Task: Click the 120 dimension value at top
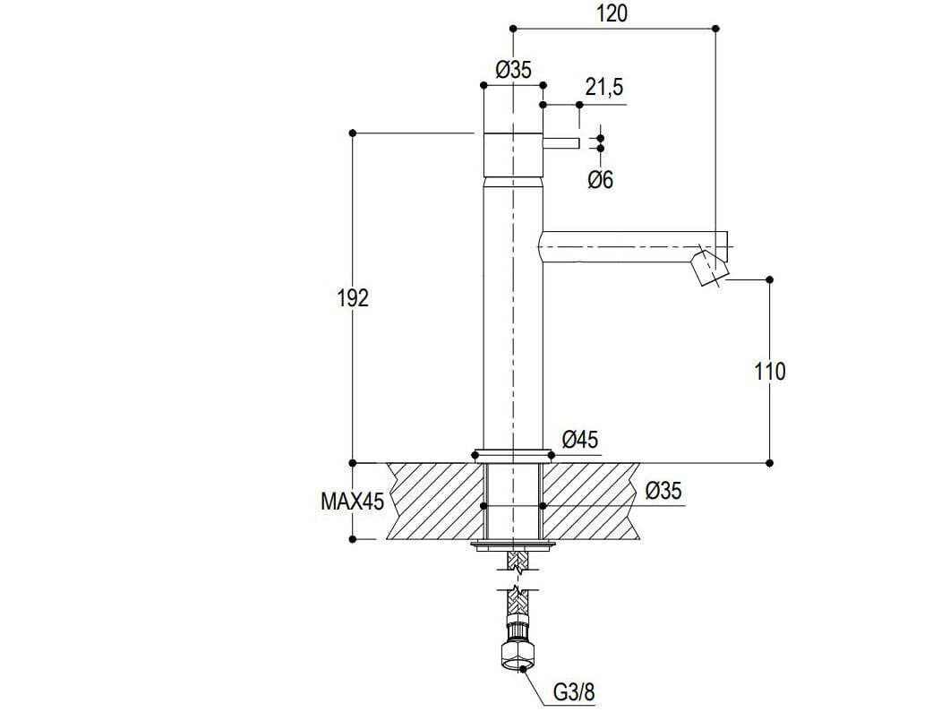[612, 13]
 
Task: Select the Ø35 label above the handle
[513, 71]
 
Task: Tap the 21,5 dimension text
[604, 88]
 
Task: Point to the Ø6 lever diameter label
[601, 180]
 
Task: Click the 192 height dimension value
[353, 298]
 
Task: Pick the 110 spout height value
[770, 371]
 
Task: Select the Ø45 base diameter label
[580, 440]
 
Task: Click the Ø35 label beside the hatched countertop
[663, 492]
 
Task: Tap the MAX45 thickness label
[352, 502]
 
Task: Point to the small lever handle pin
[562, 143]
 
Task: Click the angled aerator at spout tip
[711, 268]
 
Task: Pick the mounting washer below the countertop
[513, 545]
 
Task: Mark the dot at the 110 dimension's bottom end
[770, 463]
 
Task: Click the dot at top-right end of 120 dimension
[715, 30]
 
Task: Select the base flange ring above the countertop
[513, 453]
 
